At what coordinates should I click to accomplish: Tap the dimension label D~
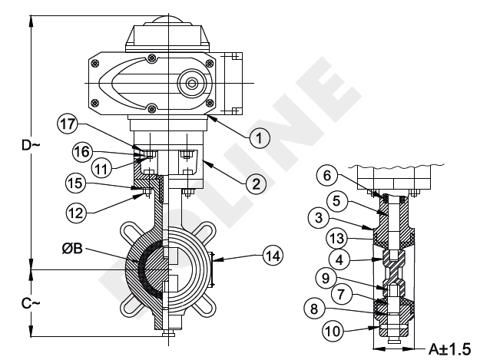click(x=17, y=144)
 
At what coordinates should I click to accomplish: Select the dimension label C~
click(x=17, y=304)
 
